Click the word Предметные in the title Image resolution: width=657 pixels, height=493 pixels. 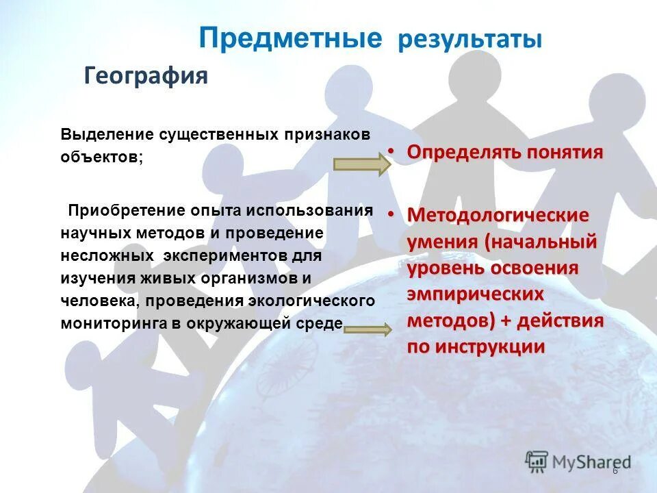(290, 38)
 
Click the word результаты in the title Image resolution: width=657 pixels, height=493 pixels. (470, 40)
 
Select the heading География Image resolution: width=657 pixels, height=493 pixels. (146, 75)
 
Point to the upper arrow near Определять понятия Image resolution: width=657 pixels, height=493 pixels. (361, 165)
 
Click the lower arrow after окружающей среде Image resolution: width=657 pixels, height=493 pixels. (368, 329)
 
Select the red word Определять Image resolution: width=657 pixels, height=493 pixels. (464, 151)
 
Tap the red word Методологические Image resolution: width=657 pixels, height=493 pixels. (498, 215)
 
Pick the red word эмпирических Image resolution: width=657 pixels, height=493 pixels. (476, 294)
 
